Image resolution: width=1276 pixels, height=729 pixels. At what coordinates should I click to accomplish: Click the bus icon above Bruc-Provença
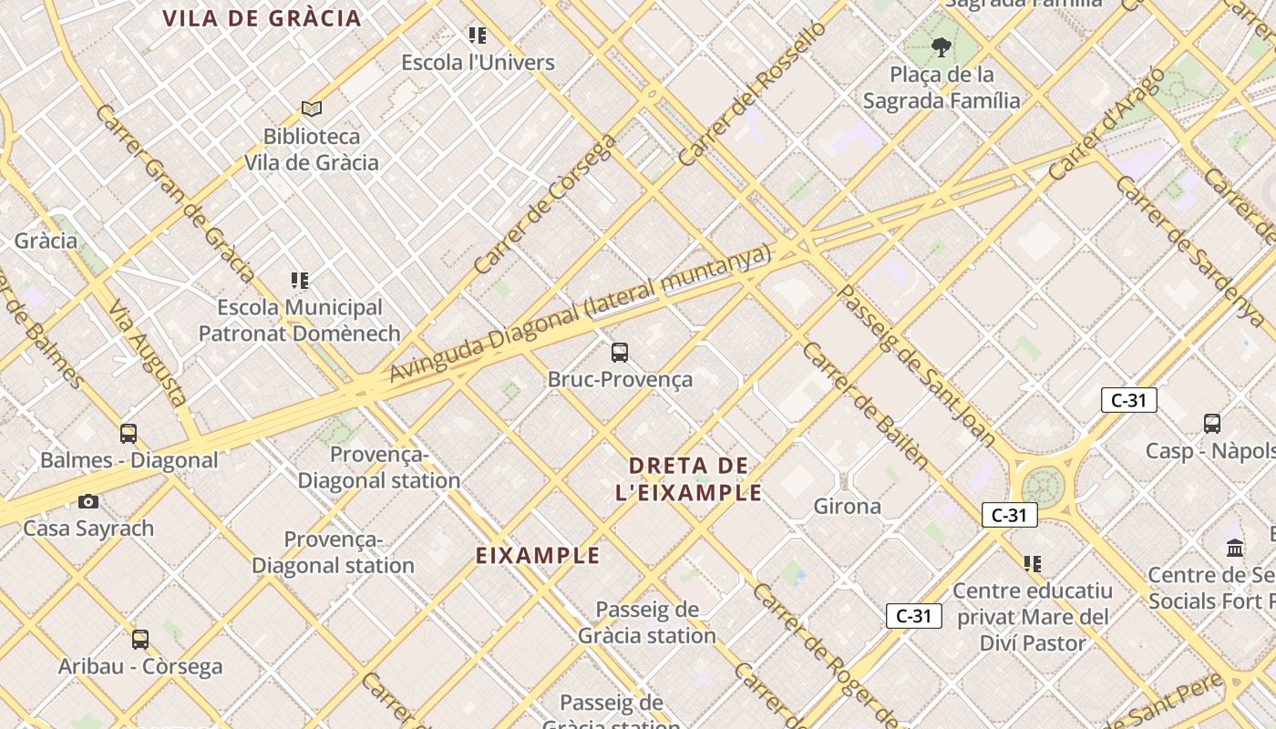[620, 352]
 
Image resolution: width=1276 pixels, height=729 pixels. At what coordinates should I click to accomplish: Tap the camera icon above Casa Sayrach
[88, 501]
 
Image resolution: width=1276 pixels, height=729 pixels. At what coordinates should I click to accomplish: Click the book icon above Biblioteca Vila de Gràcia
[312, 109]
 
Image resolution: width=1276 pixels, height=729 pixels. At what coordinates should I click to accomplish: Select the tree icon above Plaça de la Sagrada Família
[942, 46]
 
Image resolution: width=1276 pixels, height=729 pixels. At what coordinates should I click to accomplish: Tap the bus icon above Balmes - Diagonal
[129, 433]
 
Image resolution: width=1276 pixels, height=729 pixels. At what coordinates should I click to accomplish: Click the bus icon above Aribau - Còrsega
[140, 639]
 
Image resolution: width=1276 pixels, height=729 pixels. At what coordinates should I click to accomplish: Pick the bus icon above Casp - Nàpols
[1211, 423]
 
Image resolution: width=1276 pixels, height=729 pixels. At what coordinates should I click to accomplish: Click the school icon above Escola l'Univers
[478, 36]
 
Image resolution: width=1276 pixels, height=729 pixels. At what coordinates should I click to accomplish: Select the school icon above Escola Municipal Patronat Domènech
[299, 280]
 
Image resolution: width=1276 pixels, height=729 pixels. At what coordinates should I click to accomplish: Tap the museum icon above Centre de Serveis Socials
[1235, 548]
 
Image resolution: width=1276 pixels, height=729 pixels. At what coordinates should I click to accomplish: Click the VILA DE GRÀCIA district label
[262, 18]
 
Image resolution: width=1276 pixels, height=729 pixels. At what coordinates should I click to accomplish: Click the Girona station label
[847, 506]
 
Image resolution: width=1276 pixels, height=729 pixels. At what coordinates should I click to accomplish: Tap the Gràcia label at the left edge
[46, 241]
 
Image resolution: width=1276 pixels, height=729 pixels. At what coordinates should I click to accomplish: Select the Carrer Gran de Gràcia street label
[174, 191]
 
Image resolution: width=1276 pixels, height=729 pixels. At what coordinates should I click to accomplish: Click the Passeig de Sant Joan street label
[916, 365]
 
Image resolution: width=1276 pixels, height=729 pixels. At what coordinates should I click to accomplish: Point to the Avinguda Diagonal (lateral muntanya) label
[581, 314]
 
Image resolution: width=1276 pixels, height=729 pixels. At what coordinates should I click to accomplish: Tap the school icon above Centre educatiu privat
[1032, 564]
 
